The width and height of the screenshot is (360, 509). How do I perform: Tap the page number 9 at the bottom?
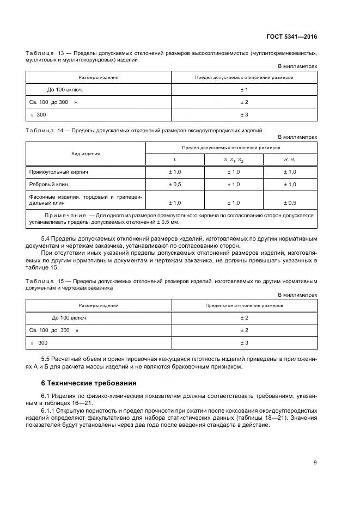(315, 463)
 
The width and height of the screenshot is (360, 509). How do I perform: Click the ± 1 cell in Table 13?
(244, 89)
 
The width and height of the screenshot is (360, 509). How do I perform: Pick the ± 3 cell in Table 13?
(244, 115)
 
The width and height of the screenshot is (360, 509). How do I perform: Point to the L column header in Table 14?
(175, 160)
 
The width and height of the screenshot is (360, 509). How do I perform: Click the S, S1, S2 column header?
(234, 160)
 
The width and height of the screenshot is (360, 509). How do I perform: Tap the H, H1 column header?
(290, 160)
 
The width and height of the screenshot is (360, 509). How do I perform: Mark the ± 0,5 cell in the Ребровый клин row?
(175, 185)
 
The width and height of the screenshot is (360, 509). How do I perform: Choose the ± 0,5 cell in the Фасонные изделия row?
(290, 203)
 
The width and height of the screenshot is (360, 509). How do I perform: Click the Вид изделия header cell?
(86, 154)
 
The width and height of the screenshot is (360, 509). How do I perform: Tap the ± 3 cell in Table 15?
(244, 343)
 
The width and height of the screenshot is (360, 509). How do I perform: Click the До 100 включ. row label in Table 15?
(70, 317)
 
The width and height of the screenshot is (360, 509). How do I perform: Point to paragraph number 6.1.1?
(49, 410)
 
